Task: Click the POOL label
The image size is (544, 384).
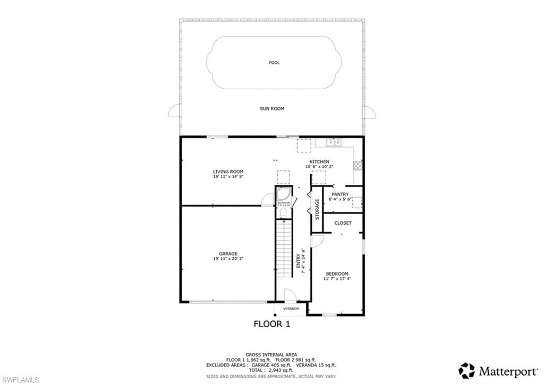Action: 274,63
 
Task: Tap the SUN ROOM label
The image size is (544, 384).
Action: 272,108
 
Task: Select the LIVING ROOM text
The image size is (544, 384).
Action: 228,172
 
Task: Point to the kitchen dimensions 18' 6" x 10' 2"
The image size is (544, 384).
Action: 319,167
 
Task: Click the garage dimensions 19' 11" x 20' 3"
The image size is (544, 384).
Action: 228,259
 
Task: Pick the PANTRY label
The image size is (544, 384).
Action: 339,194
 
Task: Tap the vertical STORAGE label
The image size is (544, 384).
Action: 317,209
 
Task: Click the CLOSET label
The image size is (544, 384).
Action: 343,223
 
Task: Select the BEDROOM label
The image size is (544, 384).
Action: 337,274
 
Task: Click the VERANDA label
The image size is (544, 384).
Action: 291,309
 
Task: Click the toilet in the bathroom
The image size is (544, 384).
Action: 283,213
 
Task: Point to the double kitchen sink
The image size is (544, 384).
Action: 333,142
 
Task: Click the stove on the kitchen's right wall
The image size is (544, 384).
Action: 358,165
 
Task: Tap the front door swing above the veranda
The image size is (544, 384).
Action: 290,295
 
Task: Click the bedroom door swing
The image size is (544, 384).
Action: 317,241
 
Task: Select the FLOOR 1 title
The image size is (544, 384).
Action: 271,324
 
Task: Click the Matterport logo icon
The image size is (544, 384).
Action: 466,370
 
